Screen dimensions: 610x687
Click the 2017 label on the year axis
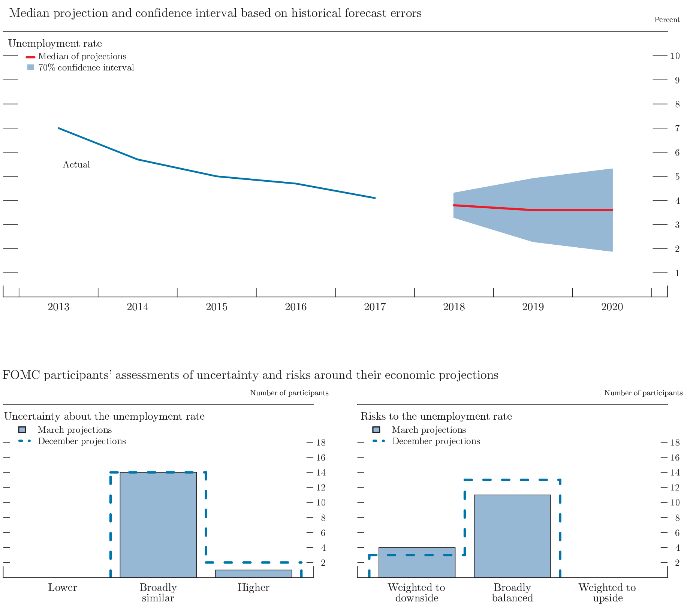pos(374,307)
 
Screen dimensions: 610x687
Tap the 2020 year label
pos(612,307)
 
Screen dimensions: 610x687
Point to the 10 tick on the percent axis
pos(675,56)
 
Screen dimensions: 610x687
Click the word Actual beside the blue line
pos(76,164)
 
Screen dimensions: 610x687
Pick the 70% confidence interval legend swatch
pos(31,67)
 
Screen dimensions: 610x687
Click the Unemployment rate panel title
pos(55,43)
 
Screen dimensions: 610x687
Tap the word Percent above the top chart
pos(666,19)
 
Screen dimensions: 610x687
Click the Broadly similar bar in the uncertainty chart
pos(158,525)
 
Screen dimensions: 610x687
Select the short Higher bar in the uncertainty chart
pos(253,573)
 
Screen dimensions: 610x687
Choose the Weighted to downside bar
pos(417,562)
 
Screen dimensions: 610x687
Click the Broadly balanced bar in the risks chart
pos(512,536)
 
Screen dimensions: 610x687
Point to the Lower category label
pos(63,588)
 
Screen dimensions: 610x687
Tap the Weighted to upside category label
pos(607,592)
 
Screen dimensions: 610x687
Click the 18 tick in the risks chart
pos(675,443)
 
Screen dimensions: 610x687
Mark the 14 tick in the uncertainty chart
pos(321,472)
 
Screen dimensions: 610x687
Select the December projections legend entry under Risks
pos(436,441)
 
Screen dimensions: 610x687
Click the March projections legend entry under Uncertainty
pos(75,430)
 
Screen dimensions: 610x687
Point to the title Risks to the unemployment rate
pos(436,416)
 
